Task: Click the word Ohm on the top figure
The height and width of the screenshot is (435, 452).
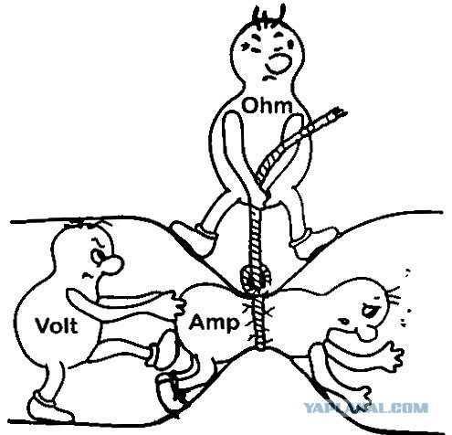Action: [x=267, y=106]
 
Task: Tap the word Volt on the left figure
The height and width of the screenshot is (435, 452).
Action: [x=57, y=324]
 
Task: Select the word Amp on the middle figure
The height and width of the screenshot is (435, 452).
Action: [x=214, y=324]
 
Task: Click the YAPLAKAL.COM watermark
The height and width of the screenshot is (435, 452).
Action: [x=365, y=408]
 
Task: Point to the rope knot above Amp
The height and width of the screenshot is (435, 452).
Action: [x=255, y=278]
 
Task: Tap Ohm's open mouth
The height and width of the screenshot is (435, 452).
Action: [x=279, y=63]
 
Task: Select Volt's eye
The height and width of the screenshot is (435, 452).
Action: [x=98, y=256]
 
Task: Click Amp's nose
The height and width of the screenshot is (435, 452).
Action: [x=366, y=333]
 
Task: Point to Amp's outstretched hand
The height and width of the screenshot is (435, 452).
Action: [x=391, y=354]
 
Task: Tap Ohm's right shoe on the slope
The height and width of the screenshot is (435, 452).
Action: [x=313, y=242]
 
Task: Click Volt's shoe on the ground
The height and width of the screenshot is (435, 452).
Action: [x=50, y=407]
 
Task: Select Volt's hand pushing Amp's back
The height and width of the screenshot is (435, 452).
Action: [x=177, y=304]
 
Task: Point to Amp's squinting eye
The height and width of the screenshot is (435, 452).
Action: [x=369, y=310]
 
